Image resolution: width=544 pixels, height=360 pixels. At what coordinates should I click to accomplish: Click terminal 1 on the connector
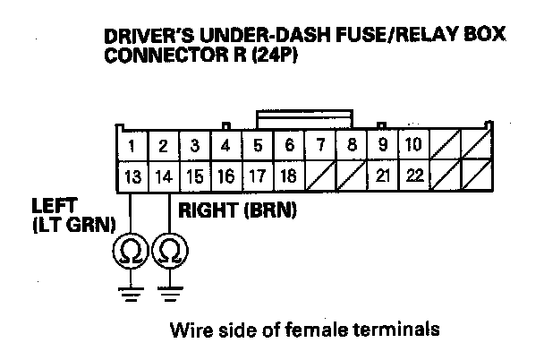132,145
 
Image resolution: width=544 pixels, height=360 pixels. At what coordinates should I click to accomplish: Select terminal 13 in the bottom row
132,176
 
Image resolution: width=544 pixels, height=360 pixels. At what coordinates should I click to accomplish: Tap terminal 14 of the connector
164,176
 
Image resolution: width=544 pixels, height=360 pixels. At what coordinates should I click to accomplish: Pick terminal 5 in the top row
258,145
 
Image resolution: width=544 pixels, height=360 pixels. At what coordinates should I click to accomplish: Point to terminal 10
413,145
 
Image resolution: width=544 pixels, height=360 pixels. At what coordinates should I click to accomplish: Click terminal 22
413,176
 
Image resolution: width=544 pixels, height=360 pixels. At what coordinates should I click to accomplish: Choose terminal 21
383,176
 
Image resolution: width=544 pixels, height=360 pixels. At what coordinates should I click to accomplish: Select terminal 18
289,176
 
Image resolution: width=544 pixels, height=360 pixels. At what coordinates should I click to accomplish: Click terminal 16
226,176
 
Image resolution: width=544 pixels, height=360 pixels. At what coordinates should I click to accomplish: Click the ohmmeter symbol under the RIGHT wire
170,253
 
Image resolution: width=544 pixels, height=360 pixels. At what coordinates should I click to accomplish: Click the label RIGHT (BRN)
238,212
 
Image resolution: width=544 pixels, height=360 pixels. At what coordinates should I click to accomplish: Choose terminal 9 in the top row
383,145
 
